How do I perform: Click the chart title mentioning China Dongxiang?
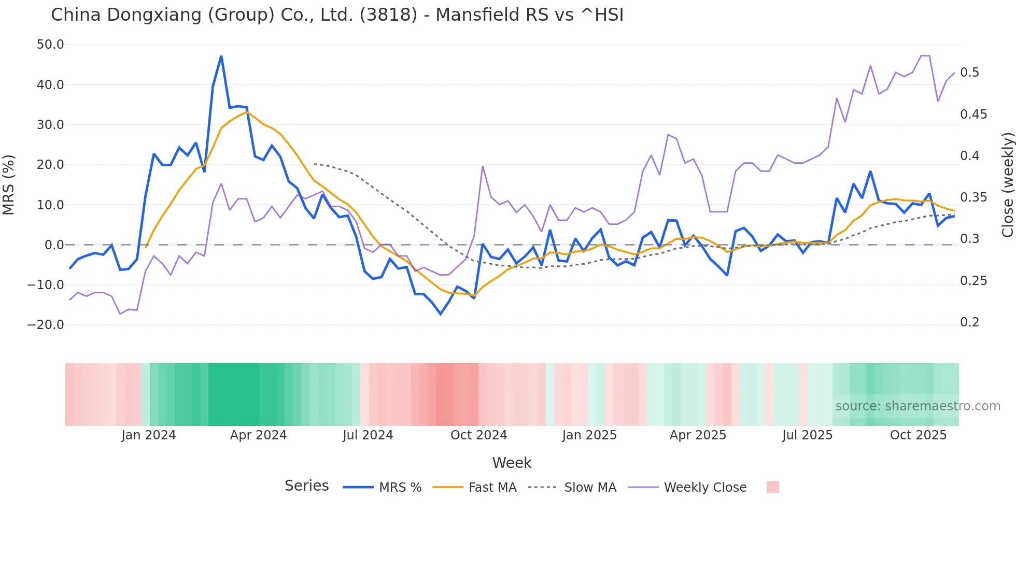337,15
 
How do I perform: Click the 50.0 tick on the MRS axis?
50,45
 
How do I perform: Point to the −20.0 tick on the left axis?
46,325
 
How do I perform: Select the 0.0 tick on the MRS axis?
54,245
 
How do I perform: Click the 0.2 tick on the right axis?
969,322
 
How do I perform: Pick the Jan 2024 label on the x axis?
149,435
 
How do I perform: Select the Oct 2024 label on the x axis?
478,435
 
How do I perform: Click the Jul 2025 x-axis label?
807,435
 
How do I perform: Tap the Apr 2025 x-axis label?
698,435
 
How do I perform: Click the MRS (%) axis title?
9,184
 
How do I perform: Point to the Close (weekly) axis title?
1007,184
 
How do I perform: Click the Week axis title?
512,463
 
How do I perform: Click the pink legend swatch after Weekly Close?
772,487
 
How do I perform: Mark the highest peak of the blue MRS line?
221,56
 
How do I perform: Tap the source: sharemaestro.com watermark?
918,406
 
